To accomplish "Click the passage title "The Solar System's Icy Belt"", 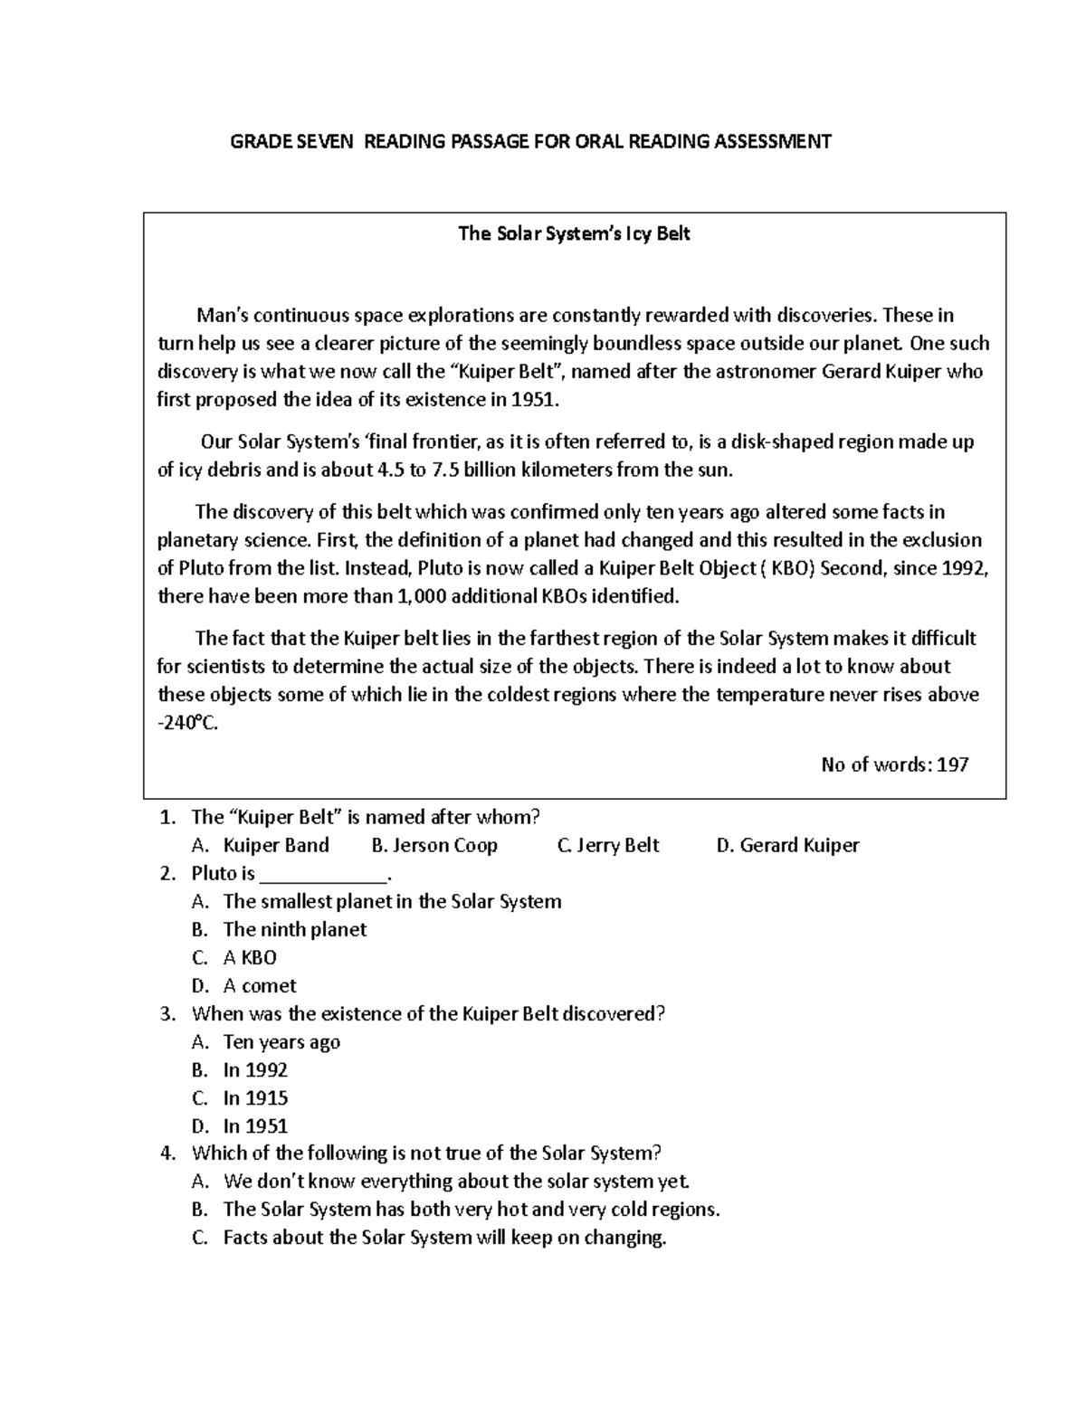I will point(574,233).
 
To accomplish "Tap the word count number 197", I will point(952,764).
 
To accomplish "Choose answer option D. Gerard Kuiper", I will point(787,845).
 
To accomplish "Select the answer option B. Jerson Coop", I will point(434,845).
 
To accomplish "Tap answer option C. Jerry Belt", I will point(608,845).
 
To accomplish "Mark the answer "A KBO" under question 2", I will point(250,957).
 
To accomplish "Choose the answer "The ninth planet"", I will point(295,929).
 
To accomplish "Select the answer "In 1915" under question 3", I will point(255,1097).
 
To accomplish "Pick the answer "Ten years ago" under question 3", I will point(281,1041).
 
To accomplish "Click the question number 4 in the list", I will point(167,1153).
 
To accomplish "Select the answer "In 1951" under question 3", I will point(255,1125).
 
